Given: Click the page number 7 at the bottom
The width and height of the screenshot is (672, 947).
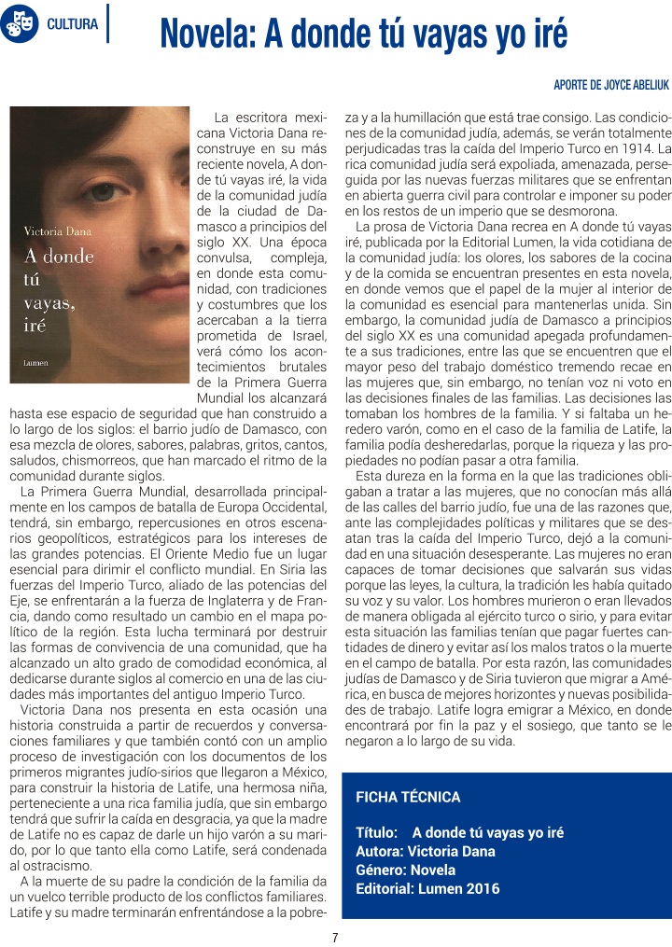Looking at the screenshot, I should tap(335, 937).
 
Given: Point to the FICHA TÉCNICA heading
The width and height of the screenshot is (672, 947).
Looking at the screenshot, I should tap(408, 797).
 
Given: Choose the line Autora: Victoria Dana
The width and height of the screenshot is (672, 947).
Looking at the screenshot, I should tap(426, 851).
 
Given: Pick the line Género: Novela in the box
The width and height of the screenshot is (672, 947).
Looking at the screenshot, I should tap(406, 870).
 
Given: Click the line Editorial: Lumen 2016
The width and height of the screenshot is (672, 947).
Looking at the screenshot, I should tap(427, 888).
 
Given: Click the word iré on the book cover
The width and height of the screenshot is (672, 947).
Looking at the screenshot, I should tap(35, 325).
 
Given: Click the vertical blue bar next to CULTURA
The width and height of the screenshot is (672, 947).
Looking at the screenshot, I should tap(107, 23).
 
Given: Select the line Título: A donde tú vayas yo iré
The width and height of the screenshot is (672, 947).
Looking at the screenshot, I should tap(459, 832).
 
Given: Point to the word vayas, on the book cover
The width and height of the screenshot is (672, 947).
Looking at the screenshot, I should tap(49, 302).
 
